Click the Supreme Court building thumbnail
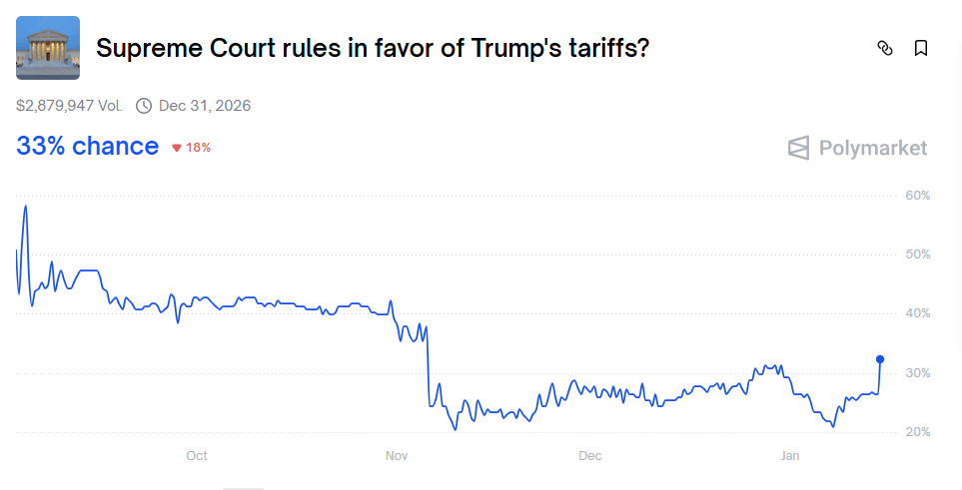[x=48, y=47]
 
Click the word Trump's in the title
[x=513, y=48]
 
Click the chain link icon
[x=884, y=48]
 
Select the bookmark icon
[x=921, y=48]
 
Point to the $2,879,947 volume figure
[x=69, y=106]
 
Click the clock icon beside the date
[x=144, y=106]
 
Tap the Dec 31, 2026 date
[x=205, y=106]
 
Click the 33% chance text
[x=87, y=147]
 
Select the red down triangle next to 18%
[x=177, y=148]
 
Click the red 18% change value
[x=198, y=148]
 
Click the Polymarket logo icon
[x=798, y=149]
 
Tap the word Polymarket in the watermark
[x=873, y=149]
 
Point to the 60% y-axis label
[x=917, y=196]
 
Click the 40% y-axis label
[x=917, y=313]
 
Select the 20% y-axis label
[x=917, y=432]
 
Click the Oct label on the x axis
[x=197, y=456]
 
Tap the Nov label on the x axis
[x=397, y=456]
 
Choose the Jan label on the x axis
[x=790, y=456]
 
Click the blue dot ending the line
[x=880, y=359]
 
